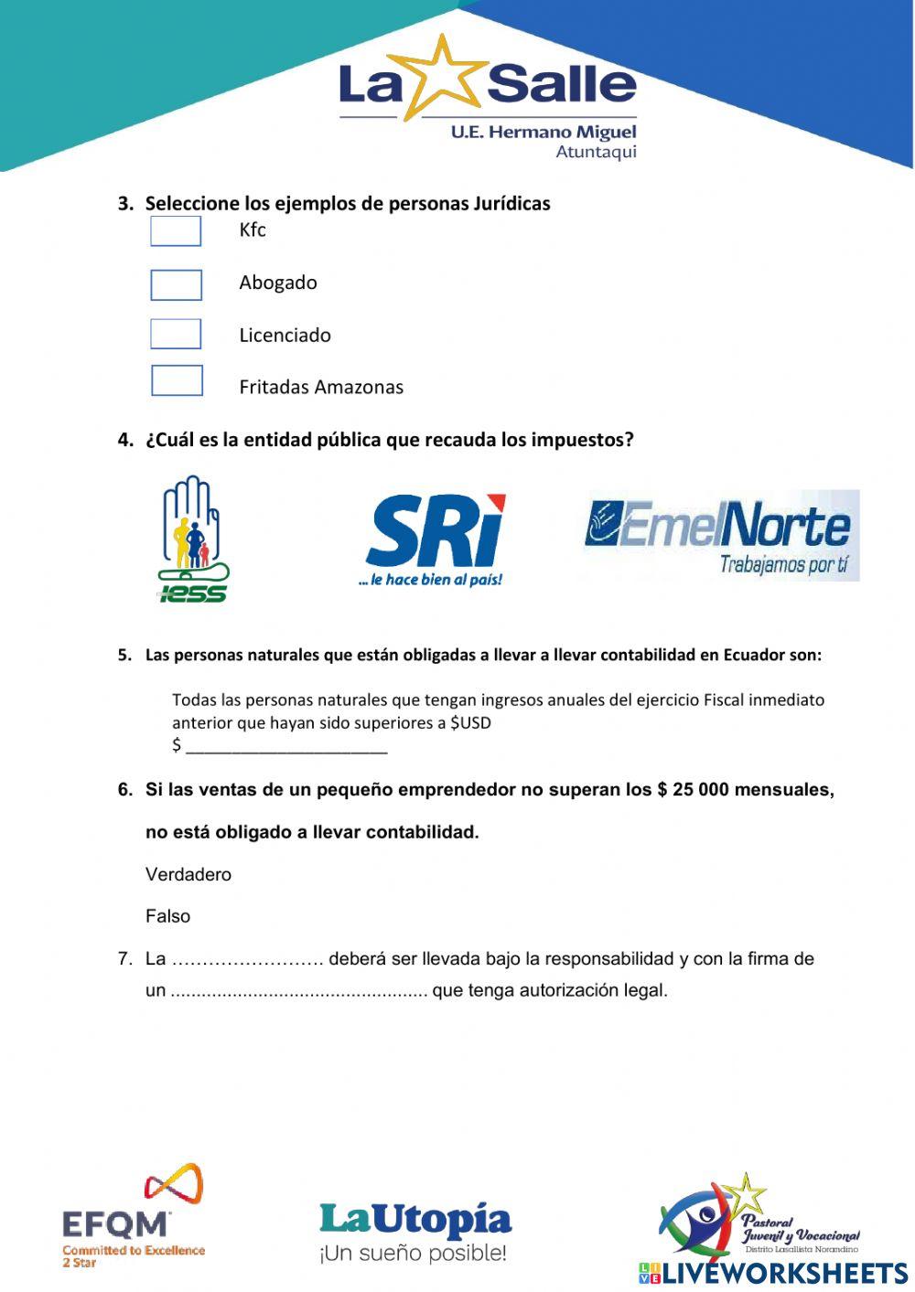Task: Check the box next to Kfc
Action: pos(176,231)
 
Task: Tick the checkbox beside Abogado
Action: pos(176,285)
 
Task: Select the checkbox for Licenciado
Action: pos(176,334)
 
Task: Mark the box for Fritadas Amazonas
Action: pos(177,380)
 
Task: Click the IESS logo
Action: pos(193,539)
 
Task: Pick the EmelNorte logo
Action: pos(721,535)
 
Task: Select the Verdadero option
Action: pos(188,874)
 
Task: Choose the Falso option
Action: pos(168,916)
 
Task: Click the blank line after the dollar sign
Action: pos(286,747)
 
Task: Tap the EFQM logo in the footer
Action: pos(133,1216)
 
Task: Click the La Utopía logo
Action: pos(415,1231)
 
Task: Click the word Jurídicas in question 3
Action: pos(511,203)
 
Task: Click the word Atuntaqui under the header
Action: pos(596,152)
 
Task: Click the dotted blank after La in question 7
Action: pos(248,960)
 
